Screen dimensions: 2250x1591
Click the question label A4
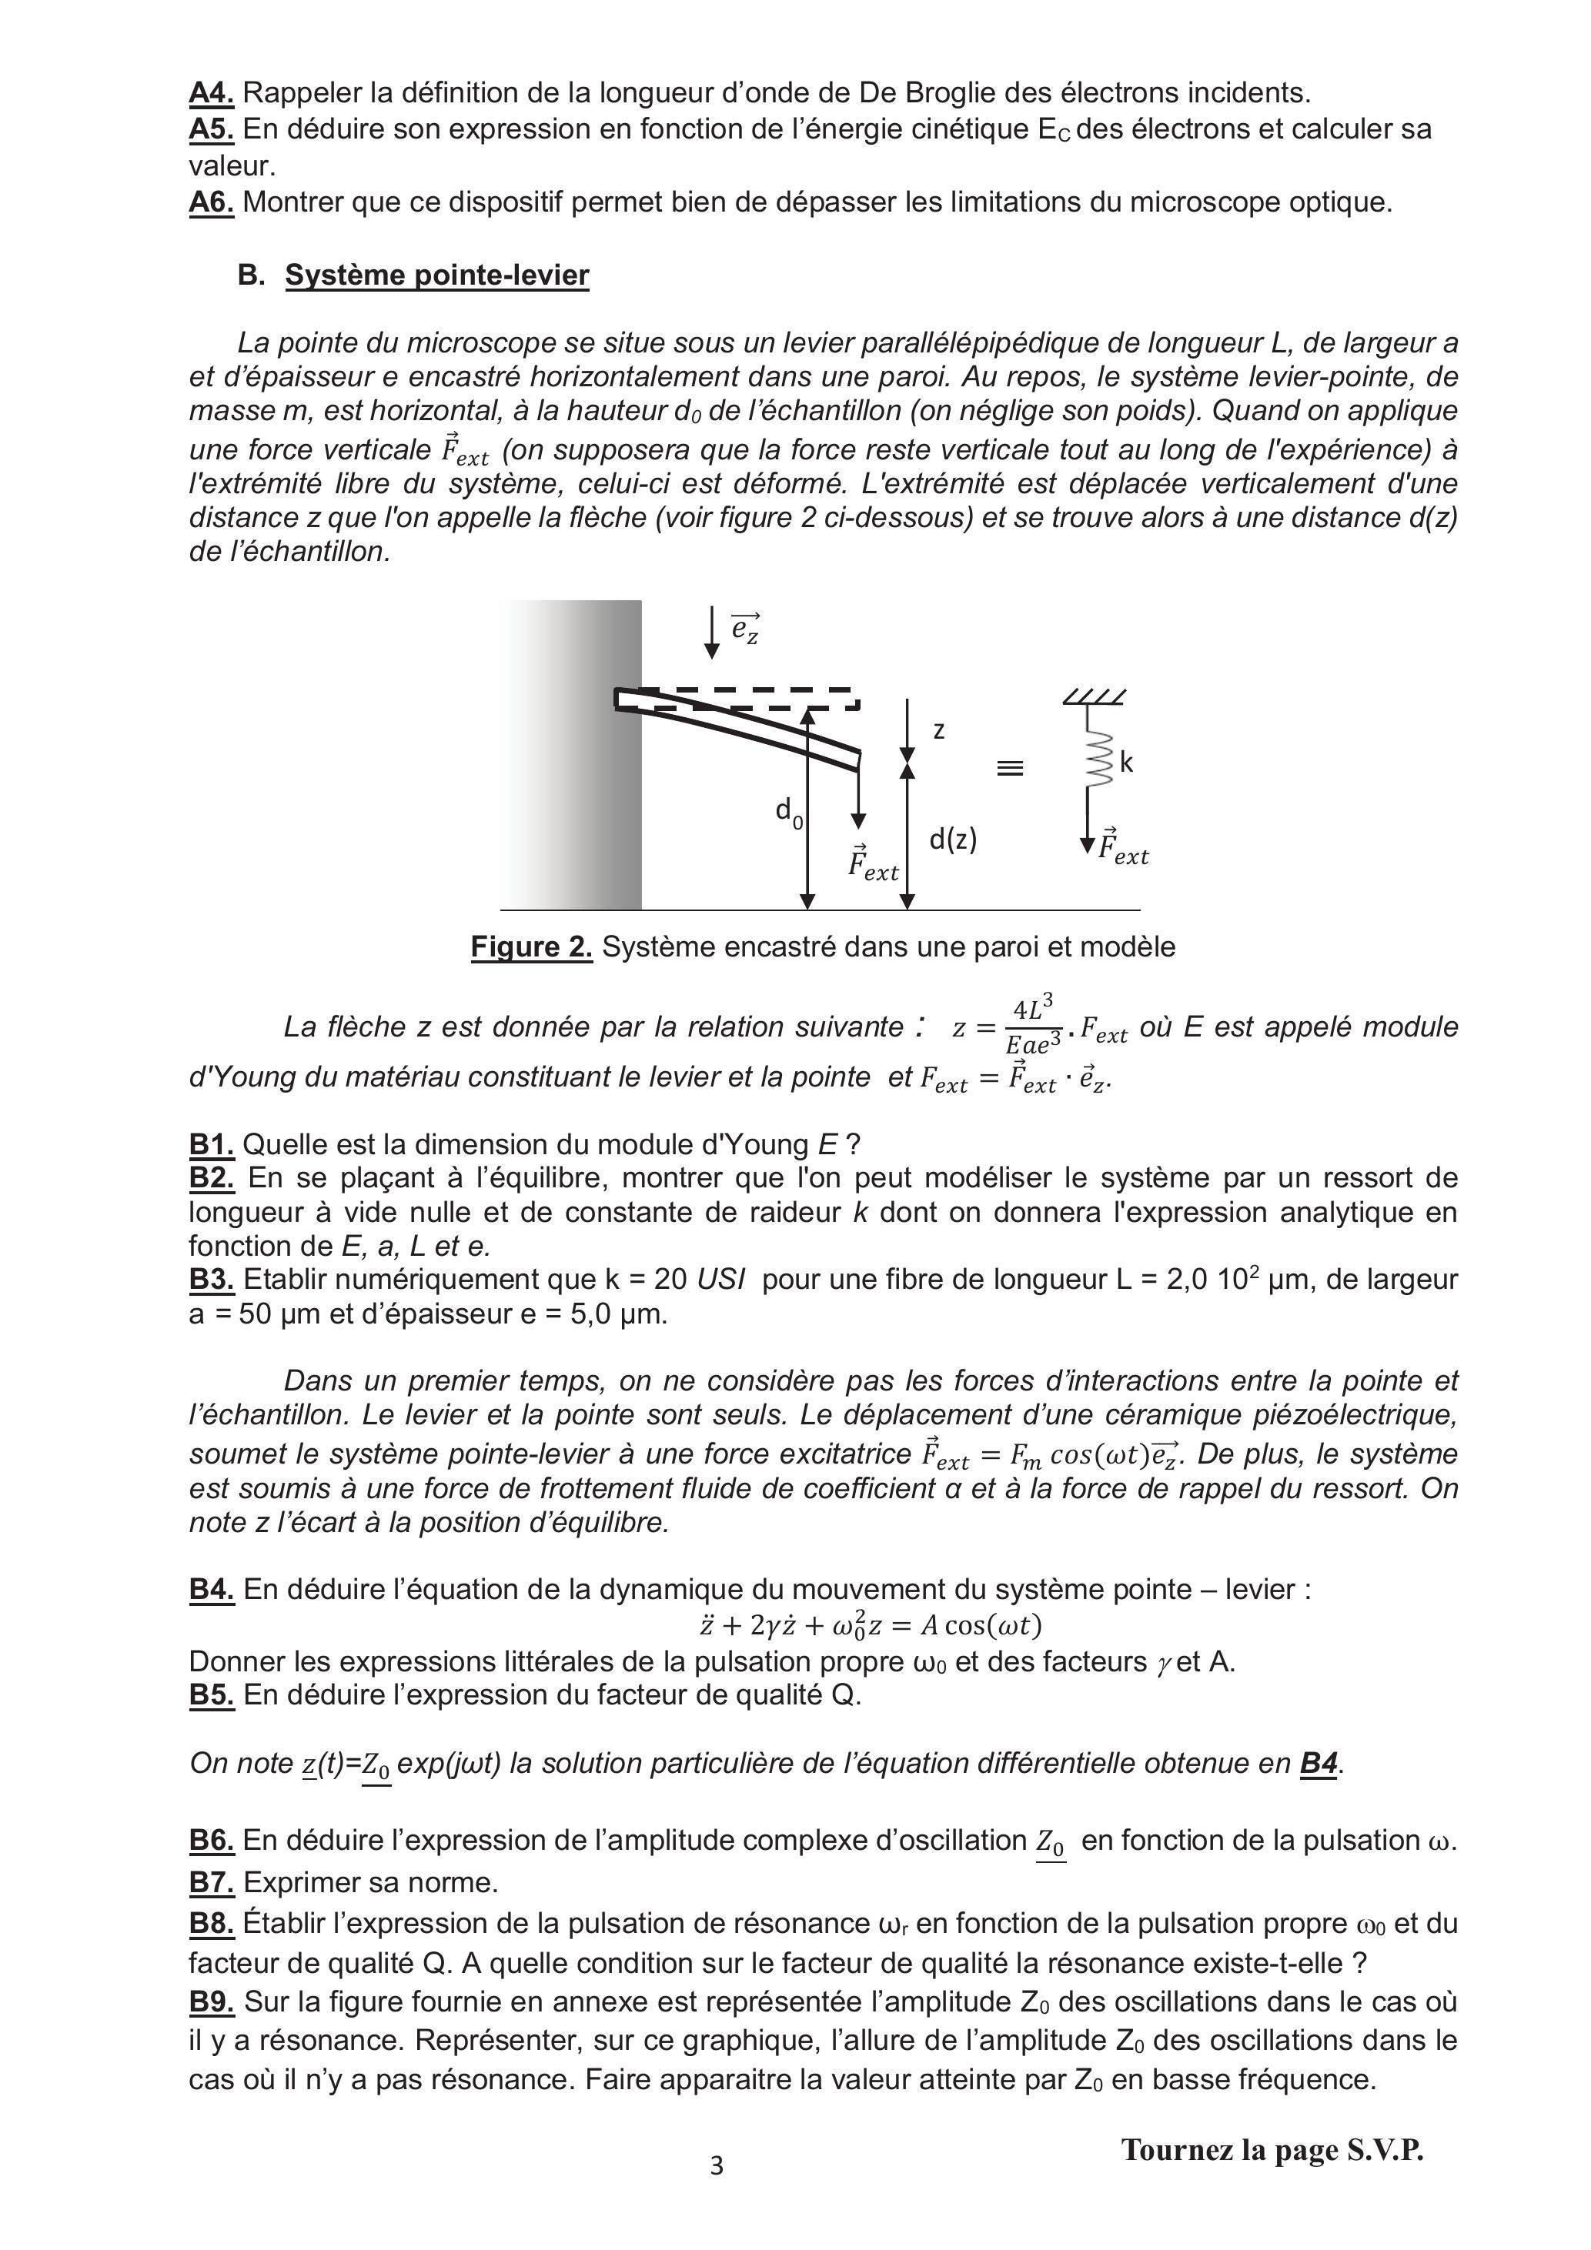[x=211, y=93]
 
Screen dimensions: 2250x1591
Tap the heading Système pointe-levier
[x=436, y=275]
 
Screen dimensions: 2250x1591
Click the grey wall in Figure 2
[x=573, y=755]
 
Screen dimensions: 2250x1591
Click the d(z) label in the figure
[x=953, y=839]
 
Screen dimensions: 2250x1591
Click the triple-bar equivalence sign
[x=1010, y=768]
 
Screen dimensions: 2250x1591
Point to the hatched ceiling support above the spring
[x=1094, y=696]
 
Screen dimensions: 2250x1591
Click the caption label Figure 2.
[x=531, y=946]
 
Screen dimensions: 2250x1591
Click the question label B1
[x=211, y=1143]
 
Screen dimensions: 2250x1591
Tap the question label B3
[x=211, y=1279]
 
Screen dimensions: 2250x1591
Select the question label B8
[x=211, y=1924]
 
